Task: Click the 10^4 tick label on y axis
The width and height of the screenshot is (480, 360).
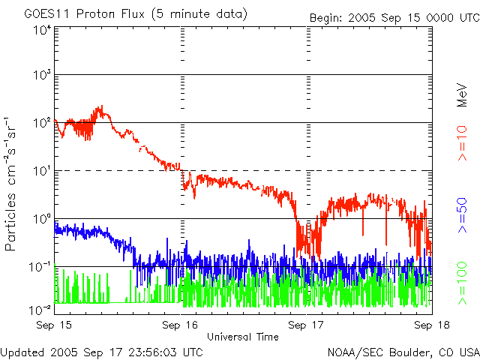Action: (41, 31)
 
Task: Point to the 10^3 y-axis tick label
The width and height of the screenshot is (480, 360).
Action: (41, 75)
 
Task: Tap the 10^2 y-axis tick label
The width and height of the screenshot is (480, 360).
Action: (41, 123)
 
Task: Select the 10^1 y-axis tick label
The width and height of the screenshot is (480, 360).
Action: (41, 171)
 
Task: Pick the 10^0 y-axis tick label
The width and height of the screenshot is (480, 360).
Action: (41, 219)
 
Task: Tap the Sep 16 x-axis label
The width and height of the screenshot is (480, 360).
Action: (181, 325)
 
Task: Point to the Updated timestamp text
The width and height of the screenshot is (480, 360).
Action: (101, 352)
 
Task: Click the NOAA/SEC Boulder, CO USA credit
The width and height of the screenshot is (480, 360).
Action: (403, 352)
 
